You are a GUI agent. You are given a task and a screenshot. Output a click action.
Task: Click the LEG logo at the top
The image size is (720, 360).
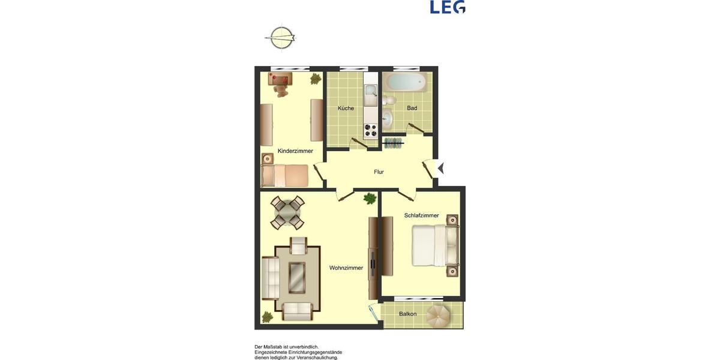[x=448, y=7]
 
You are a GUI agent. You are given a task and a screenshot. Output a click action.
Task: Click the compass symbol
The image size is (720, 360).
[x=280, y=38]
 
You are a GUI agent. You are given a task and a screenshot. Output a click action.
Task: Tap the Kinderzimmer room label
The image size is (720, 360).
[x=295, y=151]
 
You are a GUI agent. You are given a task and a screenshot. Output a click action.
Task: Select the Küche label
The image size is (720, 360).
[x=346, y=109]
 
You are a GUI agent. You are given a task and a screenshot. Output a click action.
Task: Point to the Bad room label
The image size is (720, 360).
[x=412, y=109]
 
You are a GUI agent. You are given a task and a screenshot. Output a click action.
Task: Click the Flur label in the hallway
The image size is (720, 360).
[x=379, y=172]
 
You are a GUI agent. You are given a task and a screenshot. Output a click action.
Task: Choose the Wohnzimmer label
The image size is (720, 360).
[x=346, y=268]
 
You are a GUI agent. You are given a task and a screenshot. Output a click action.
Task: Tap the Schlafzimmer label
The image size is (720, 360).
[x=421, y=215]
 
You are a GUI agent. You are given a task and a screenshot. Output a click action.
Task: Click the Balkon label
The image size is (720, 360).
[x=408, y=314]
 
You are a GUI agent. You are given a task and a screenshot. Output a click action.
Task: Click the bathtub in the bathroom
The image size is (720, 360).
[x=406, y=82]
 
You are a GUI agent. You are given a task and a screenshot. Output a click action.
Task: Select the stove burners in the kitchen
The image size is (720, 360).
[x=370, y=130]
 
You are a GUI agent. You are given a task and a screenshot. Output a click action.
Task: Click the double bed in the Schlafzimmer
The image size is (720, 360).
[x=435, y=245]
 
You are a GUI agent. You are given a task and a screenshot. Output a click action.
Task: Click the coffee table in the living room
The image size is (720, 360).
[x=297, y=277]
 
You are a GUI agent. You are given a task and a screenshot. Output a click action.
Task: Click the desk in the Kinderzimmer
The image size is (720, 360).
[x=279, y=78]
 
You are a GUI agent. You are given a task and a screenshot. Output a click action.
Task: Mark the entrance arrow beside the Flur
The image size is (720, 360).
[x=440, y=169]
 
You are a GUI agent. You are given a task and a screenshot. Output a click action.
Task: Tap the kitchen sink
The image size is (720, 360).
[x=370, y=92]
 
